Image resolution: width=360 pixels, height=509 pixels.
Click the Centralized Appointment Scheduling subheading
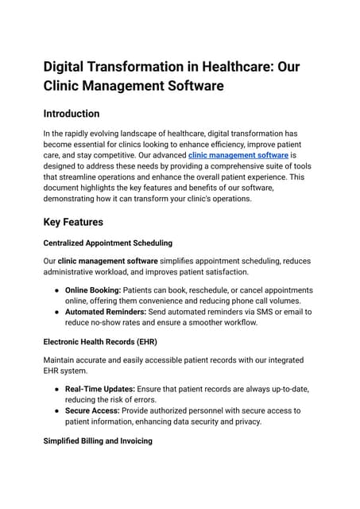[x=108, y=242]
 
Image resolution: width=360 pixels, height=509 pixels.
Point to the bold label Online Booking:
[x=92, y=290]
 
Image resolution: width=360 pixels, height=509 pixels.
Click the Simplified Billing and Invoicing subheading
[x=98, y=440]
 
